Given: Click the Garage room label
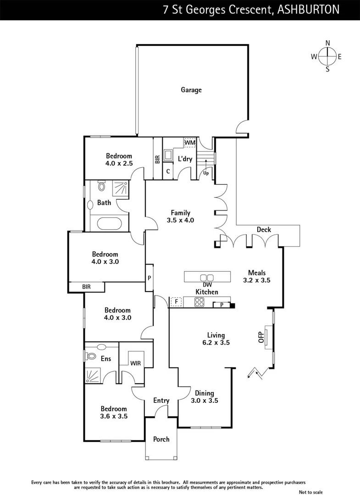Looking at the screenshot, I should (x=191, y=90).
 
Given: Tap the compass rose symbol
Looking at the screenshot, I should (x=327, y=56).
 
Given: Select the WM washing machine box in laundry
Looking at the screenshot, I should (x=190, y=143).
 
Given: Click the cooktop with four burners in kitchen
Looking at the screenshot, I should (x=200, y=302).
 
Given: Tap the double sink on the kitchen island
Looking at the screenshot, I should (x=207, y=277).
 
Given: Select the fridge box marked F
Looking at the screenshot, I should (x=176, y=302).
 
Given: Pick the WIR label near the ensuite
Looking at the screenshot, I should (x=135, y=363).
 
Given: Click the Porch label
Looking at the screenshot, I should (x=161, y=439).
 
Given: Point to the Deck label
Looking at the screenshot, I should (x=264, y=230).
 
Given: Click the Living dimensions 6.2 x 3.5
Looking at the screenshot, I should (x=216, y=342).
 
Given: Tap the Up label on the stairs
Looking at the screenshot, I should (x=206, y=174).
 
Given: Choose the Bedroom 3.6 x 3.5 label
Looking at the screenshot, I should (x=114, y=412).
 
